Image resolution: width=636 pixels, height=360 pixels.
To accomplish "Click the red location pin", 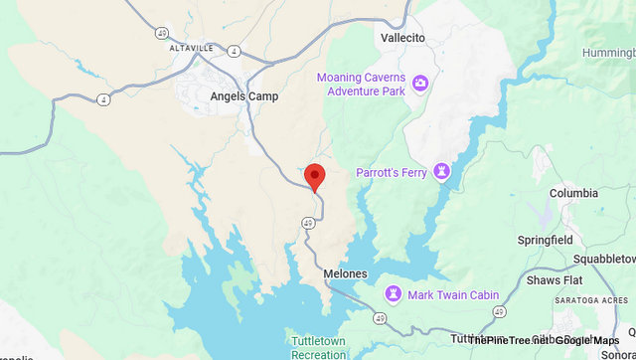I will [x=315, y=176].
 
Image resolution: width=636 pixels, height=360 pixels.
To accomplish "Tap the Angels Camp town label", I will [x=244, y=96].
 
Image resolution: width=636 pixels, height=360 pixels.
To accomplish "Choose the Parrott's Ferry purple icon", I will [x=443, y=173].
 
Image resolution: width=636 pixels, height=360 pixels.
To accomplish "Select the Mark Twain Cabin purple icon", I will [x=395, y=294].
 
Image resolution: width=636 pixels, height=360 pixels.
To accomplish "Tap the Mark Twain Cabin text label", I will [x=450, y=294].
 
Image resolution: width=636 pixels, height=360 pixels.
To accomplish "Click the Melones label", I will [x=345, y=273].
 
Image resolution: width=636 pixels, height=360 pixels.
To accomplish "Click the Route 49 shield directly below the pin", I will [x=309, y=223].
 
